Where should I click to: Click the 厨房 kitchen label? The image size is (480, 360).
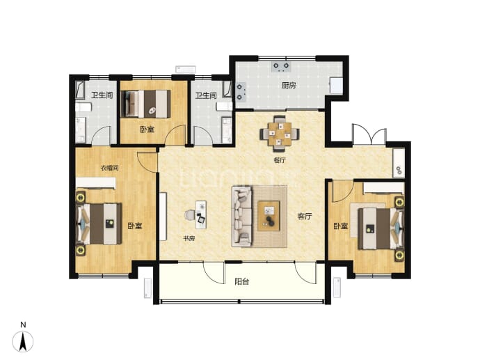pos(289,85)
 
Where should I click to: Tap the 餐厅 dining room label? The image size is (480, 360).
pos(280,160)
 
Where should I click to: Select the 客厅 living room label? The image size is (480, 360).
pos(305,217)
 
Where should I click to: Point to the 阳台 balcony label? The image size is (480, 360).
pos(241,281)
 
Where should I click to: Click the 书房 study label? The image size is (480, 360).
pos(189,238)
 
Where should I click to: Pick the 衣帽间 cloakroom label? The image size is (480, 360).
pos(110,168)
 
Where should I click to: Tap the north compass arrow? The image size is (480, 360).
pos(23,341)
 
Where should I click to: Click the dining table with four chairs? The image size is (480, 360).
pos(280,134)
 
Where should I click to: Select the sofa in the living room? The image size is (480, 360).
pos(241,216)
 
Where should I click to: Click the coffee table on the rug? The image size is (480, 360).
pos(269,216)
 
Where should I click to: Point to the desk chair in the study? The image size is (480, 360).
pos(190,214)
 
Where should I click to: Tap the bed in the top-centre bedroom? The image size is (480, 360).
pos(146,104)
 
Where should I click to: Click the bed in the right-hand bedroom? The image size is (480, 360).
pos(381,228)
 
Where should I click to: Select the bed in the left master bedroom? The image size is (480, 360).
pos(99,224)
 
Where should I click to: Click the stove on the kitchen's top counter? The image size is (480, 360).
pos(281,66)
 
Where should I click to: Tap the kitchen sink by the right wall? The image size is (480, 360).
pos(336,86)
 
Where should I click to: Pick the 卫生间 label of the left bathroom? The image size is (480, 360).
pos(102,95)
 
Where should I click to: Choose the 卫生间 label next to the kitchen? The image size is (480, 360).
pos(206,95)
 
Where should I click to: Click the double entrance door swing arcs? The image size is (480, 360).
pos(369,134)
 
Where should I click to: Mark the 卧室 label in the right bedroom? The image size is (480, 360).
pos(341,226)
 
